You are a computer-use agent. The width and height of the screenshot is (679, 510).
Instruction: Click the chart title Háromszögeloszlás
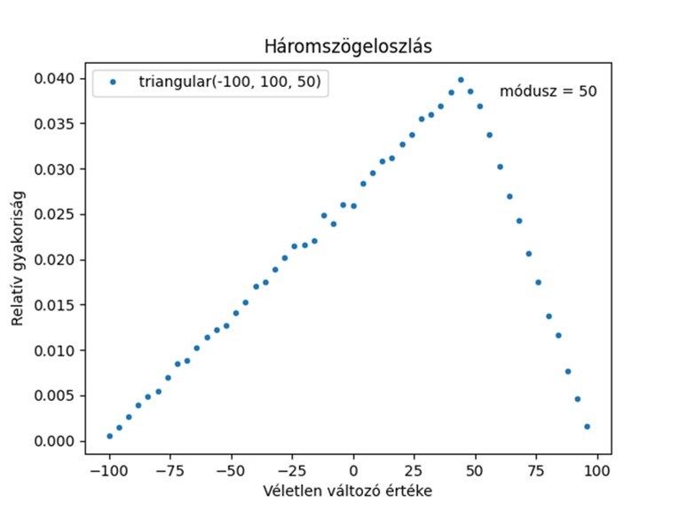point(348,46)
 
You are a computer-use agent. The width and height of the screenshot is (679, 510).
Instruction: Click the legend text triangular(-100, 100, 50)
point(229,82)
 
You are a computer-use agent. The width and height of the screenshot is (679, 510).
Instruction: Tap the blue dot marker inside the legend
point(114,82)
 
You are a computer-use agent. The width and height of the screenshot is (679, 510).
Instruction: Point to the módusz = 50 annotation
point(548,90)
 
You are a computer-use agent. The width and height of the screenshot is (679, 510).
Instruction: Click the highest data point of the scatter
point(461,80)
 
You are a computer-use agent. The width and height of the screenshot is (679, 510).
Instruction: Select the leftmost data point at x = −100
point(109,435)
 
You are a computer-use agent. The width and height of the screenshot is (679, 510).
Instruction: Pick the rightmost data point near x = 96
point(587,427)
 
